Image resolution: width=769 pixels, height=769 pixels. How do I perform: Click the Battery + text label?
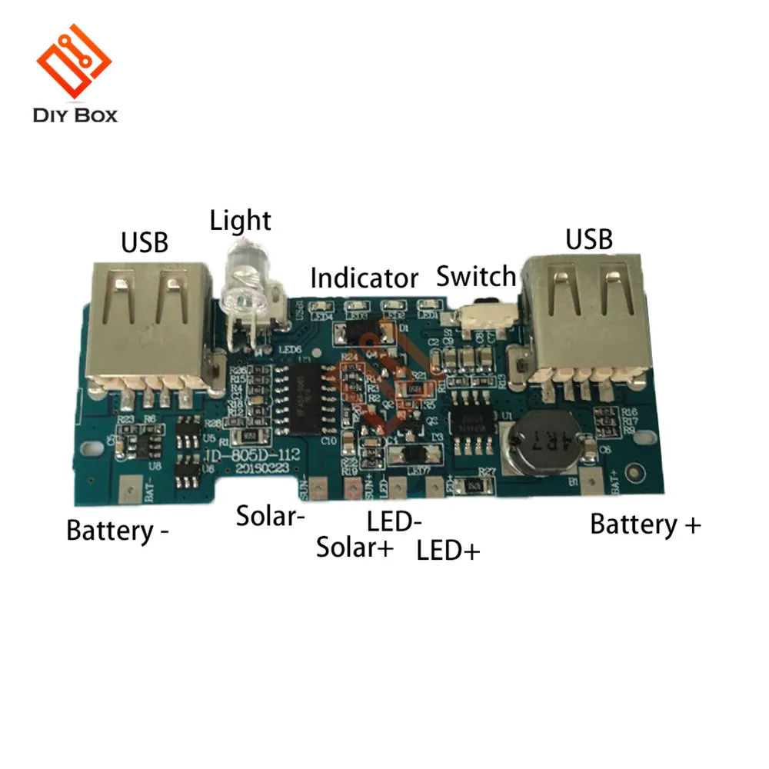click(x=645, y=524)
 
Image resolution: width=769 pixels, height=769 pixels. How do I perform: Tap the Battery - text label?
click(x=117, y=531)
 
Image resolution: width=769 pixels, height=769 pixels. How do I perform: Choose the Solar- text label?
click(x=270, y=516)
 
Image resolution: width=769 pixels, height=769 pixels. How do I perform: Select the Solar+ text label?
click(x=355, y=548)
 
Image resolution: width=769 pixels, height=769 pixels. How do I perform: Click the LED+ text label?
click(x=448, y=550)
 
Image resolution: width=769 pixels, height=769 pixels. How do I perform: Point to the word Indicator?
click(x=364, y=278)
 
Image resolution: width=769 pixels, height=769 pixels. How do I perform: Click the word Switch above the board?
click(x=476, y=276)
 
